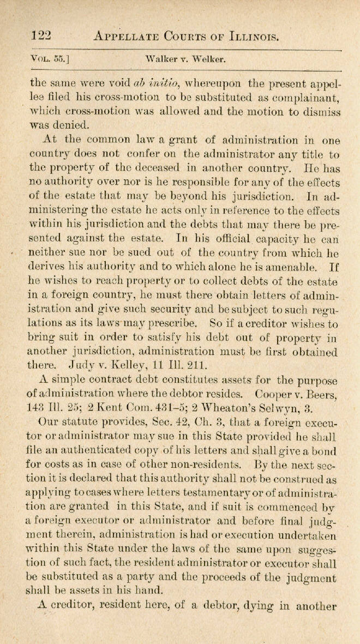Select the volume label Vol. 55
tap(48, 58)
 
